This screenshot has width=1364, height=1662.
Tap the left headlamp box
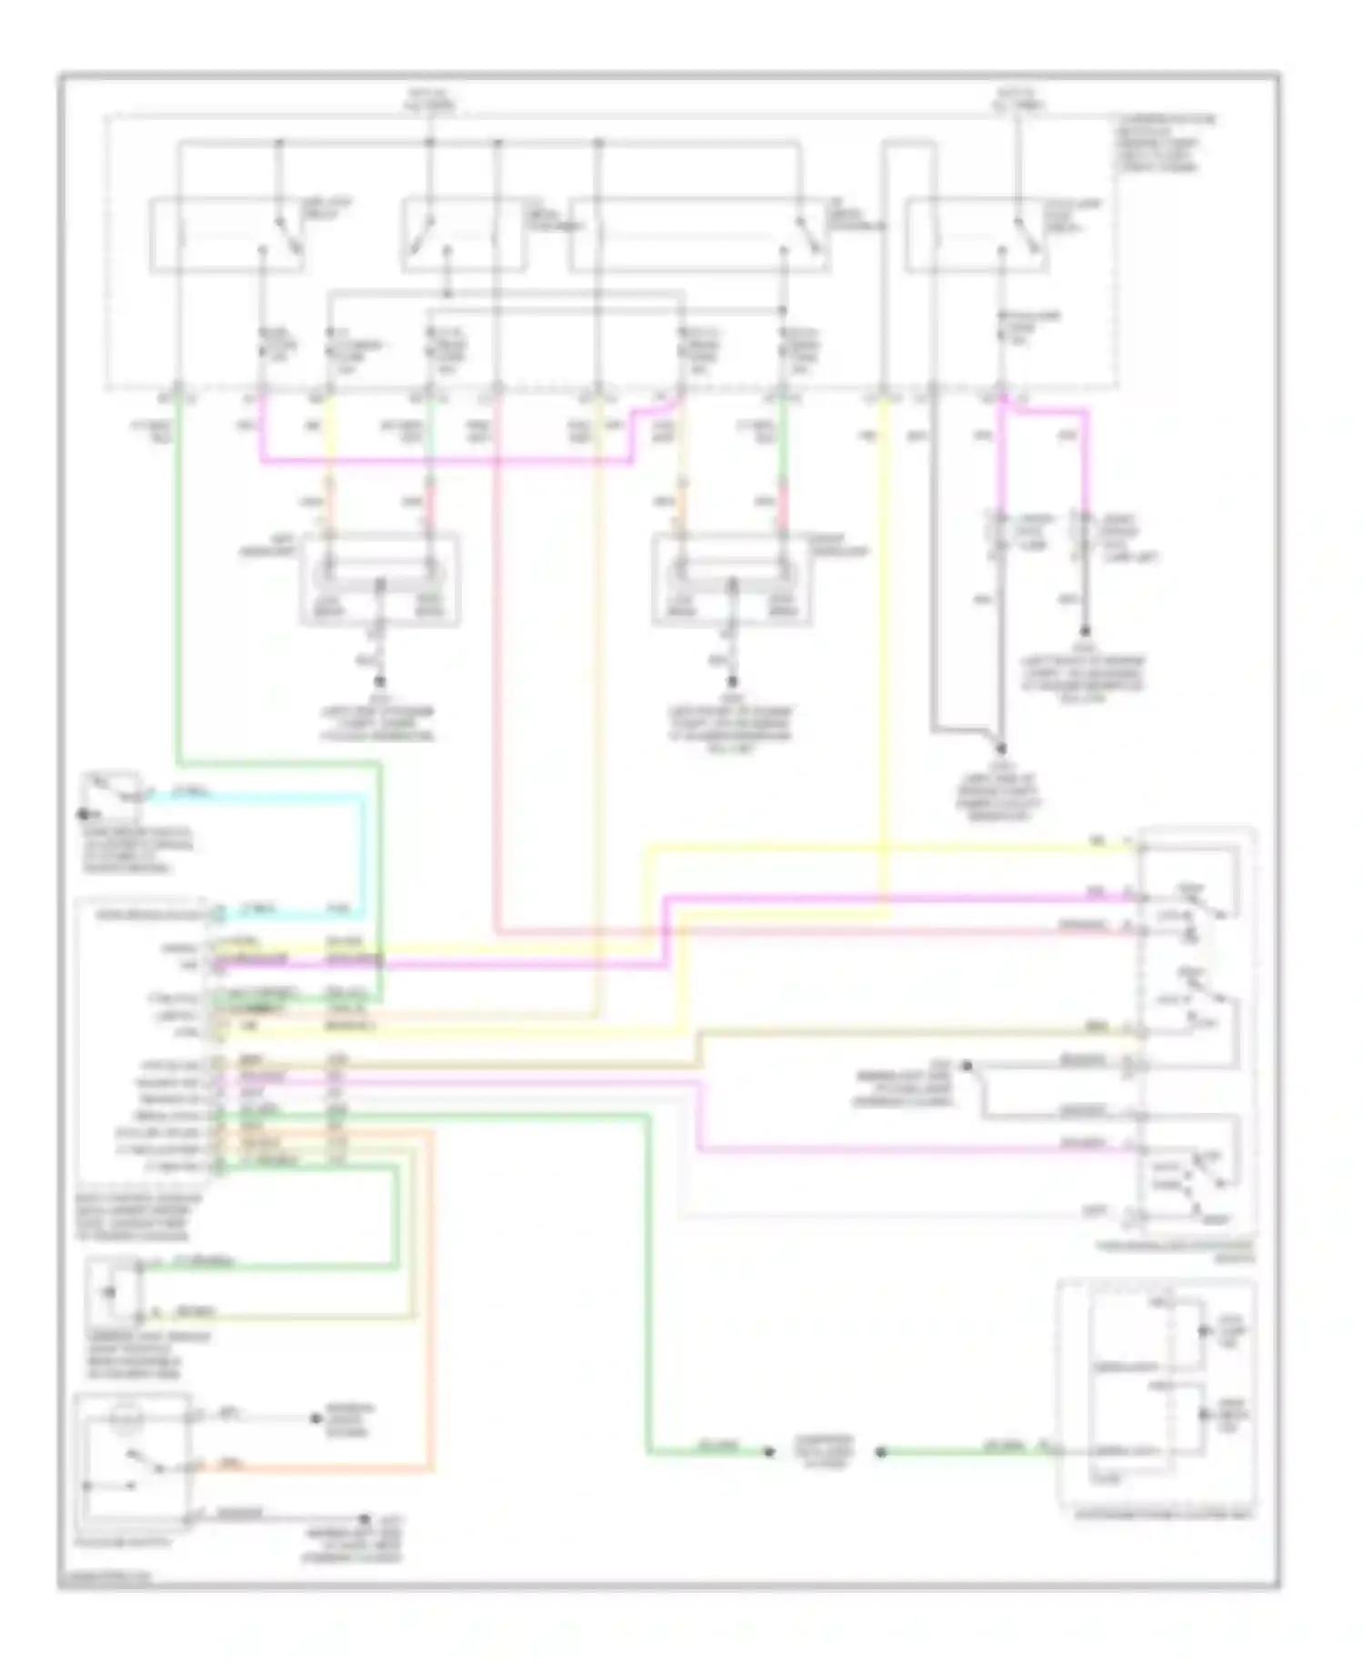pyautogui.click(x=379, y=579)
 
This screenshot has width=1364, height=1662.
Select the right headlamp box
pyautogui.click(x=730, y=579)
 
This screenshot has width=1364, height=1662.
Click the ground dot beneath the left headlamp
pyautogui.click(x=380, y=681)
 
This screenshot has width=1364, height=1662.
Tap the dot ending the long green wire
pyautogui.click(x=769, y=1452)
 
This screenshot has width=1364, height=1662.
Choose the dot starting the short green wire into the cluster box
pyautogui.click(x=879, y=1452)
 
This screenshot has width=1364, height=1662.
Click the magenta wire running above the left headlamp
pyautogui.click(x=446, y=461)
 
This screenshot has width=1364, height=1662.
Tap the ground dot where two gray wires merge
pyautogui.click(x=1000, y=749)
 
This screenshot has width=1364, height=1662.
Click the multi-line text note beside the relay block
pyautogui.click(x=1163, y=144)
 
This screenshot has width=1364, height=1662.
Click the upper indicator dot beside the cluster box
pyautogui.click(x=1204, y=1331)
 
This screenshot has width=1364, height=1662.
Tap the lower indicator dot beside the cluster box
pyautogui.click(x=1204, y=1415)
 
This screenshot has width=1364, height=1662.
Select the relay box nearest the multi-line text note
pyautogui.click(x=976, y=234)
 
